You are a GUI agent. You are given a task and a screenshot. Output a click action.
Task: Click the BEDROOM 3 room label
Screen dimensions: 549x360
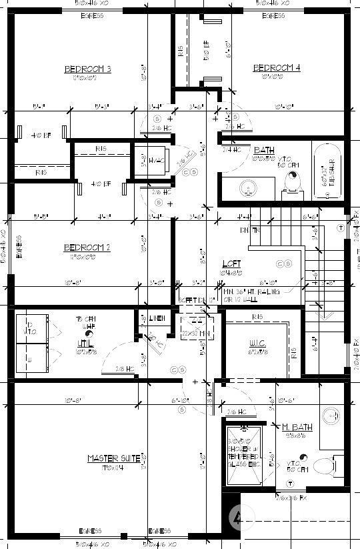[87, 69]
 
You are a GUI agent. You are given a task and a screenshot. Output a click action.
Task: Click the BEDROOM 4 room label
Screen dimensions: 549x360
[277, 67]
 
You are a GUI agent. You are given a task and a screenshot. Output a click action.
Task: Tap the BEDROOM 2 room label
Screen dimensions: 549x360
[87, 247]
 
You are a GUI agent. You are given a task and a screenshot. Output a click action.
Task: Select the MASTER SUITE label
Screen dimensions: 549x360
[113, 458]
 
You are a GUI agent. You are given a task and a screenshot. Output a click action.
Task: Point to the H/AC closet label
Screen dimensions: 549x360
[156, 161]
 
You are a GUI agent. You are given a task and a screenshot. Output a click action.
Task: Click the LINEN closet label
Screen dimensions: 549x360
[156, 318]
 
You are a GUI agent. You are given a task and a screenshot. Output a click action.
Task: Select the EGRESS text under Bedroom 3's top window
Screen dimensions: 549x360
[92, 15]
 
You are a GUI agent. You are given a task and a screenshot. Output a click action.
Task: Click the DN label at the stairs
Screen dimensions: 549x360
[245, 230]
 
